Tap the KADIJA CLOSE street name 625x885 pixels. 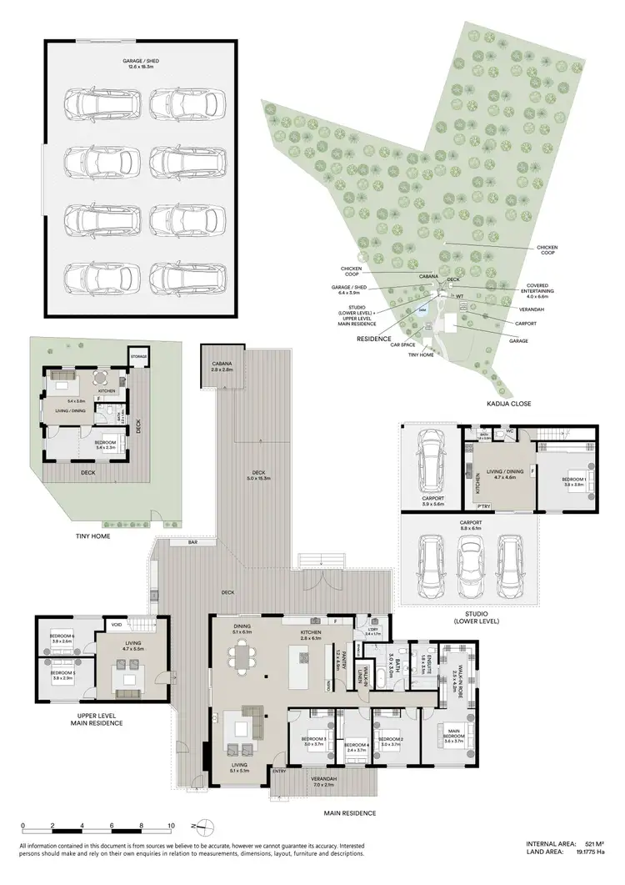[510, 404]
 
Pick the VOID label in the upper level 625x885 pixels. [116, 625]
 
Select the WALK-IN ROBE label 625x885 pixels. [455, 680]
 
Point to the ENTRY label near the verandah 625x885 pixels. [279, 772]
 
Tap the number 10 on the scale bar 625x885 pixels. [170, 827]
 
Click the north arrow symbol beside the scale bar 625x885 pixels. [196, 827]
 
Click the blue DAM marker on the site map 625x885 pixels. [422, 309]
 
